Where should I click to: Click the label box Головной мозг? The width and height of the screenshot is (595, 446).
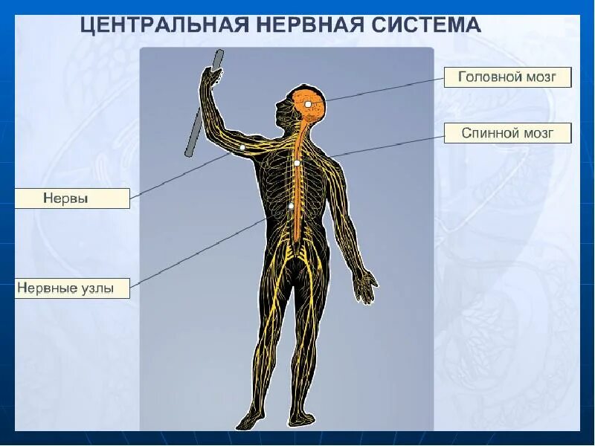point(507,77)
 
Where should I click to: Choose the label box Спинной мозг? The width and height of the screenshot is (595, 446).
point(507,134)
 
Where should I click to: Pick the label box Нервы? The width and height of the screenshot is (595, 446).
point(72,198)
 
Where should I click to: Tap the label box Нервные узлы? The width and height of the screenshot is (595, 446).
point(72,288)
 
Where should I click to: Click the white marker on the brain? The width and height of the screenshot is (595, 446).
point(308,105)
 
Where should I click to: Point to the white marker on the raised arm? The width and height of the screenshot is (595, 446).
point(242,148)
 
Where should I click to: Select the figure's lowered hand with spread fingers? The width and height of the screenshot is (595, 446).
point(365,285)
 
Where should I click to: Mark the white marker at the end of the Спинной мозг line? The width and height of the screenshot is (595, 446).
point(297,163)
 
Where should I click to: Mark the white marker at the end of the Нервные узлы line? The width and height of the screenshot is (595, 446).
point(291,206)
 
